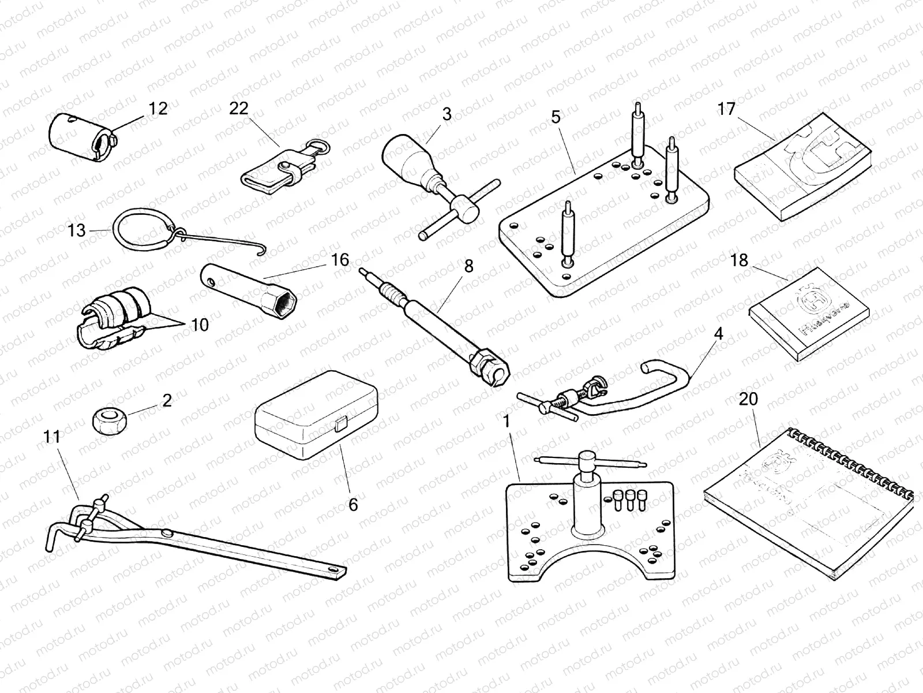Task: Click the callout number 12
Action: (x=157, y=108)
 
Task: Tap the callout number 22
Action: (x=238, y=108)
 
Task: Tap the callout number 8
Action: (x=468, y=266)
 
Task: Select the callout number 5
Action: (x=556, y=117)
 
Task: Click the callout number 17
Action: (x=726, y=108)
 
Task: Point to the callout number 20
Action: (x=748, y=399)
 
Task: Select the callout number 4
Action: (x=718, y=334)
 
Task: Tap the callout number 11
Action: (x=52, y=437)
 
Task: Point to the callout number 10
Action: (x=199, y=325)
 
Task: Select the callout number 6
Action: (x=353, y=504)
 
